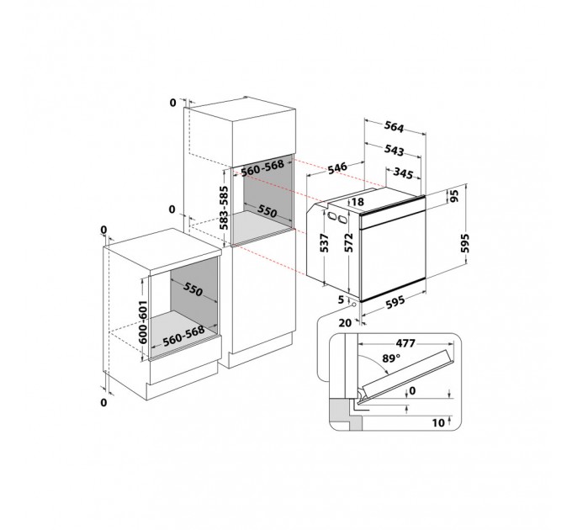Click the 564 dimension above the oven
[x=395, y=127]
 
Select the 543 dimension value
[x=395, y=150]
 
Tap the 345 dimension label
[x=403, y=173]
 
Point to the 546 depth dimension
[x=336, y=168]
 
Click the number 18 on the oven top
[x=357, y=201]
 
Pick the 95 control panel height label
[x=454, y=196]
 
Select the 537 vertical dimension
[x=325, y=243]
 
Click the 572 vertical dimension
[x=349, y=242]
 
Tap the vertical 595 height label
[x=464, y=243]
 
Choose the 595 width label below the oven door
[x=395, y=302]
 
